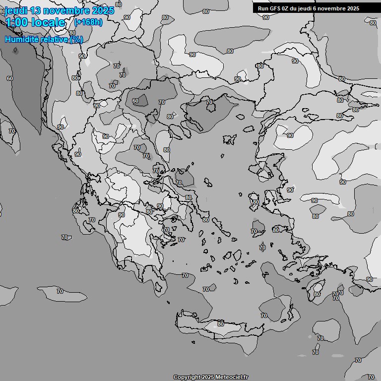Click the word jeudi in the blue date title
[16, 10]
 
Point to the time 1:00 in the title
[16, 22]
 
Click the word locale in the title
[49, 22]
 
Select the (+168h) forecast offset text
[88, 22]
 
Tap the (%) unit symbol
[76, 39]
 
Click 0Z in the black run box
[286, 8]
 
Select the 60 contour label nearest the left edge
[10, 78]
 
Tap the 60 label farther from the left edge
[135, 101]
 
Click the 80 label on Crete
[221, 324]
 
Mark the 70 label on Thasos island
[209, 102]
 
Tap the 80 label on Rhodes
[317, 294]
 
